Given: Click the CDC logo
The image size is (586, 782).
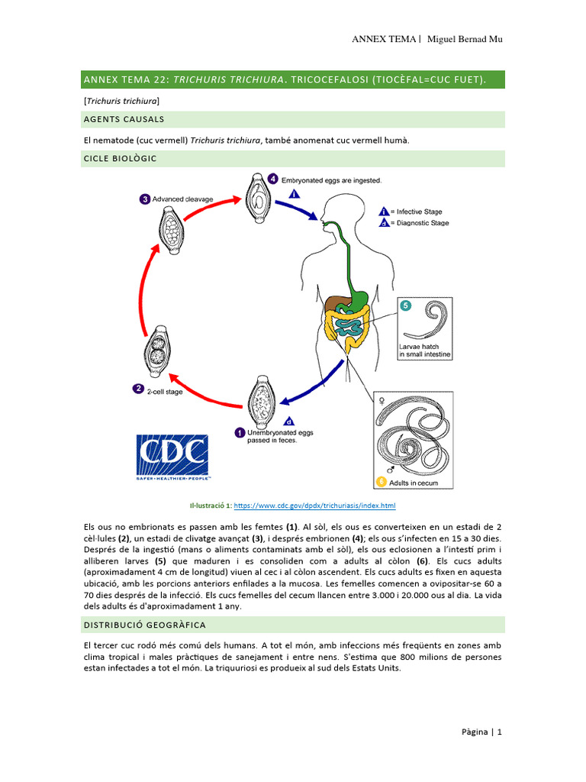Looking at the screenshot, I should click(172, 457).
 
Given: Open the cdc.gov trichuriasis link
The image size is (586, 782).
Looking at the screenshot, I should click(314, 506).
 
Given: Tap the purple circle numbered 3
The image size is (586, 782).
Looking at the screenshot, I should click(145, 199).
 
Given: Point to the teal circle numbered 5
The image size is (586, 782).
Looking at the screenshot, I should click(405, 306).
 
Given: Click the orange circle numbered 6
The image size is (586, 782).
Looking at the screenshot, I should click(381, 482).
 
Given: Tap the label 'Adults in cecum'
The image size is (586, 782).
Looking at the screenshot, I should click(415, 483).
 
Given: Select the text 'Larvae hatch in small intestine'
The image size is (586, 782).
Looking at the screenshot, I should click(425, 351).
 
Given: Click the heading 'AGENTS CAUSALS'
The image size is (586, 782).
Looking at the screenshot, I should click(125, 119).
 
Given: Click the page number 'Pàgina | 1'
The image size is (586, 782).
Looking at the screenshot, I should click(481, 732).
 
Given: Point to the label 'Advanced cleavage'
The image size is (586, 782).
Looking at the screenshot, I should click(182, 199).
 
